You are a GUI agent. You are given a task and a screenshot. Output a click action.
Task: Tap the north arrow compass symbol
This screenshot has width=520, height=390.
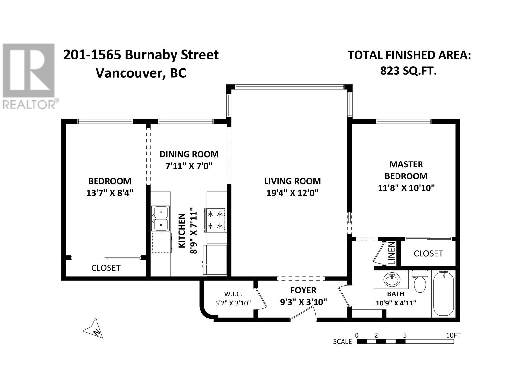point(94,329)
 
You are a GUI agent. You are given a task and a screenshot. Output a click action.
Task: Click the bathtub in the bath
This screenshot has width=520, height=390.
point(444,293)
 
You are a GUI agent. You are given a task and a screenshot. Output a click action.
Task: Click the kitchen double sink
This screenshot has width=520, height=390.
point(161,218)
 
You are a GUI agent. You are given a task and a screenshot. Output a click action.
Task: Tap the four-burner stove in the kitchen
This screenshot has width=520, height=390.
point(215,220)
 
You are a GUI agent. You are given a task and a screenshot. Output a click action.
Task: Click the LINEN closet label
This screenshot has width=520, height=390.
point(392,253)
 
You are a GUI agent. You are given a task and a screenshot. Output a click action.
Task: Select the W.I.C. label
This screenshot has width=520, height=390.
point(233,294)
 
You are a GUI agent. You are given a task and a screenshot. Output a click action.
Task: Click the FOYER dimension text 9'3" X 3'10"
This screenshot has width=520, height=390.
point(304,302)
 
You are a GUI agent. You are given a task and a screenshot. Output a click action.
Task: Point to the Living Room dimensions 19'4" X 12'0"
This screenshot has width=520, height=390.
point(292,193)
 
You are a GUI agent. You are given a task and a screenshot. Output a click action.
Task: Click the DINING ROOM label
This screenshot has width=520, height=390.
point(189,154)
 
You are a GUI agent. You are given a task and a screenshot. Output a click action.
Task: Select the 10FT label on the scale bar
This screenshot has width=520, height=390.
point(453,335)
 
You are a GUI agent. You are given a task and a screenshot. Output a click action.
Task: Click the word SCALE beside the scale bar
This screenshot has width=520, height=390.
point(342,342)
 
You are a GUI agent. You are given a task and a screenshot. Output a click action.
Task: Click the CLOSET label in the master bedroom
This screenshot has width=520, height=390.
point(428,253)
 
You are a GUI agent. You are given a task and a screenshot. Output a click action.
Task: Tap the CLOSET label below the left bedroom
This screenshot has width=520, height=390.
point(106,268)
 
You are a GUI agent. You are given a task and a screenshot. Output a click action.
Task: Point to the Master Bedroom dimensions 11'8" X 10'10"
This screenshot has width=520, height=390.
point(406,188)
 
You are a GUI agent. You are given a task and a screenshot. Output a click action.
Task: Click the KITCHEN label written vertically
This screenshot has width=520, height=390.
point(182,231)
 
